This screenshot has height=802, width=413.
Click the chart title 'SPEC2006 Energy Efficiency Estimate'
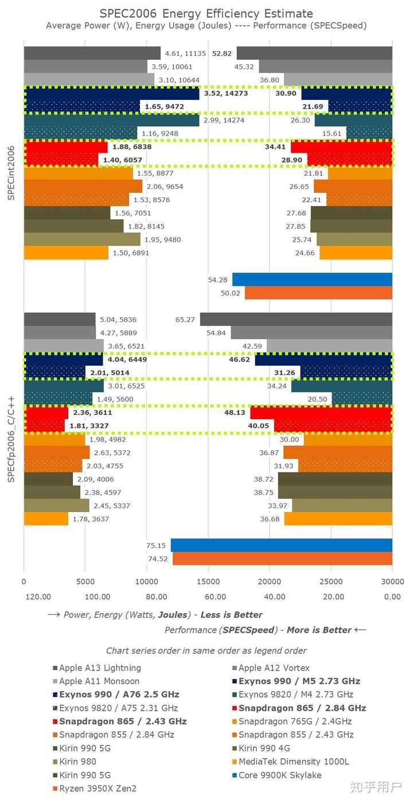[206, 13]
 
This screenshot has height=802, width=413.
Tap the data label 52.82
[222, 53]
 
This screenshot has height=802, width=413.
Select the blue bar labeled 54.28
[312, 280]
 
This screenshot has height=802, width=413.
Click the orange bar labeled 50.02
[318, 293]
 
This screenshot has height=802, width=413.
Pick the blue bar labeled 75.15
[281, 545]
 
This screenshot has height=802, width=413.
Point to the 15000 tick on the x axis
[208, 581]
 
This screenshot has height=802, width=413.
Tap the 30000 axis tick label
[392, 581]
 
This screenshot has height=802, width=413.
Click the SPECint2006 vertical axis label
[11, 172]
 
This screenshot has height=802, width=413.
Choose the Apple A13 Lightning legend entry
[100, 668]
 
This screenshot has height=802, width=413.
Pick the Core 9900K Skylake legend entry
[280, 775]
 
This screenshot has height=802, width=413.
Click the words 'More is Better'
[319, 630]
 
